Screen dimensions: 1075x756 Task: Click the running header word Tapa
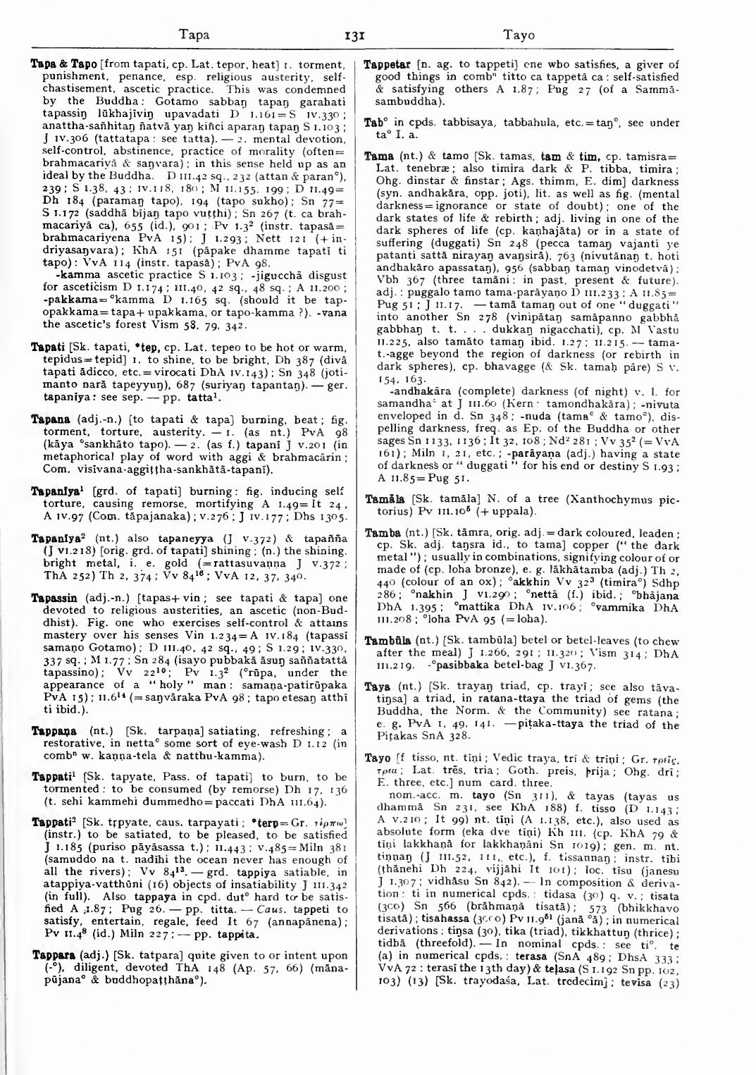pyautogui.click(x=194, y=35)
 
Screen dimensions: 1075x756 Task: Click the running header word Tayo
pyautogui.click(x=519, y=35)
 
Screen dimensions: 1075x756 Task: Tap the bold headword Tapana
pyautogui.click(x=48, y=419)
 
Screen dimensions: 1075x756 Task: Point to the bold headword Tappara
pyautogui.click(x=50, y=955)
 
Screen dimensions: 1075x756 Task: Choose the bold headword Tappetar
pyautogui.click(x=388, y=64)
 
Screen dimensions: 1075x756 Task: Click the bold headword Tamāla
pyautogui.click(x=382, y=499)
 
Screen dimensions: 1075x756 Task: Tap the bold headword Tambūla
pyautogui.click(x=384, y=641)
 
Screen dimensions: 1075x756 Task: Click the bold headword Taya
pyautogui.click(x=377, y=687)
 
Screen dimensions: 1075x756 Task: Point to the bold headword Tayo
pyautogui.click(x=377, y=758)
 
